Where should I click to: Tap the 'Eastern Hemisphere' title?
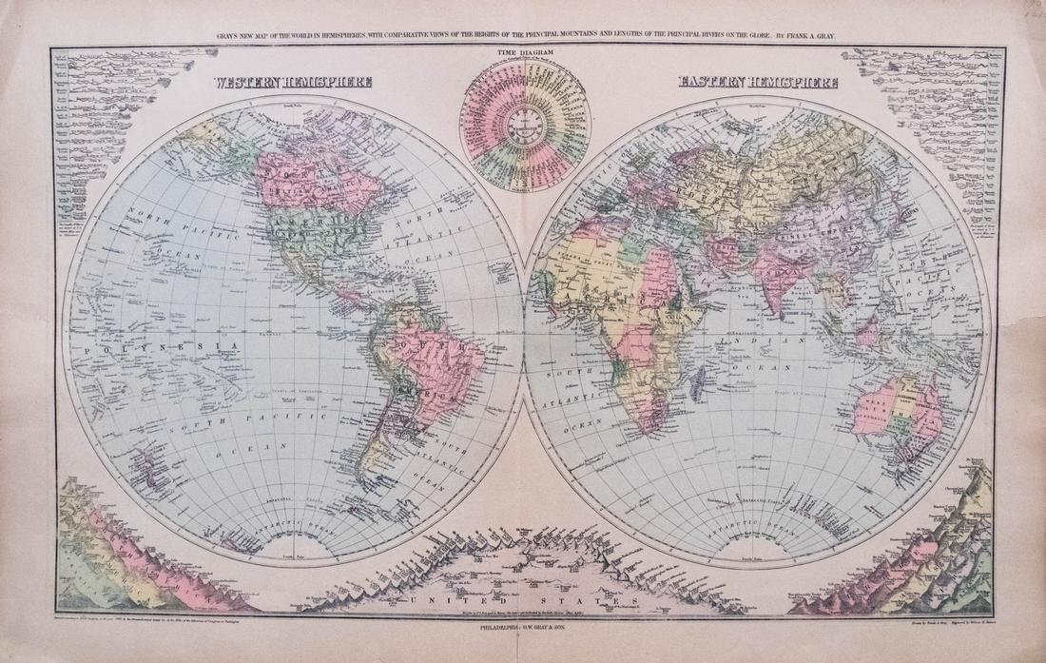(x=758, y=83)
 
